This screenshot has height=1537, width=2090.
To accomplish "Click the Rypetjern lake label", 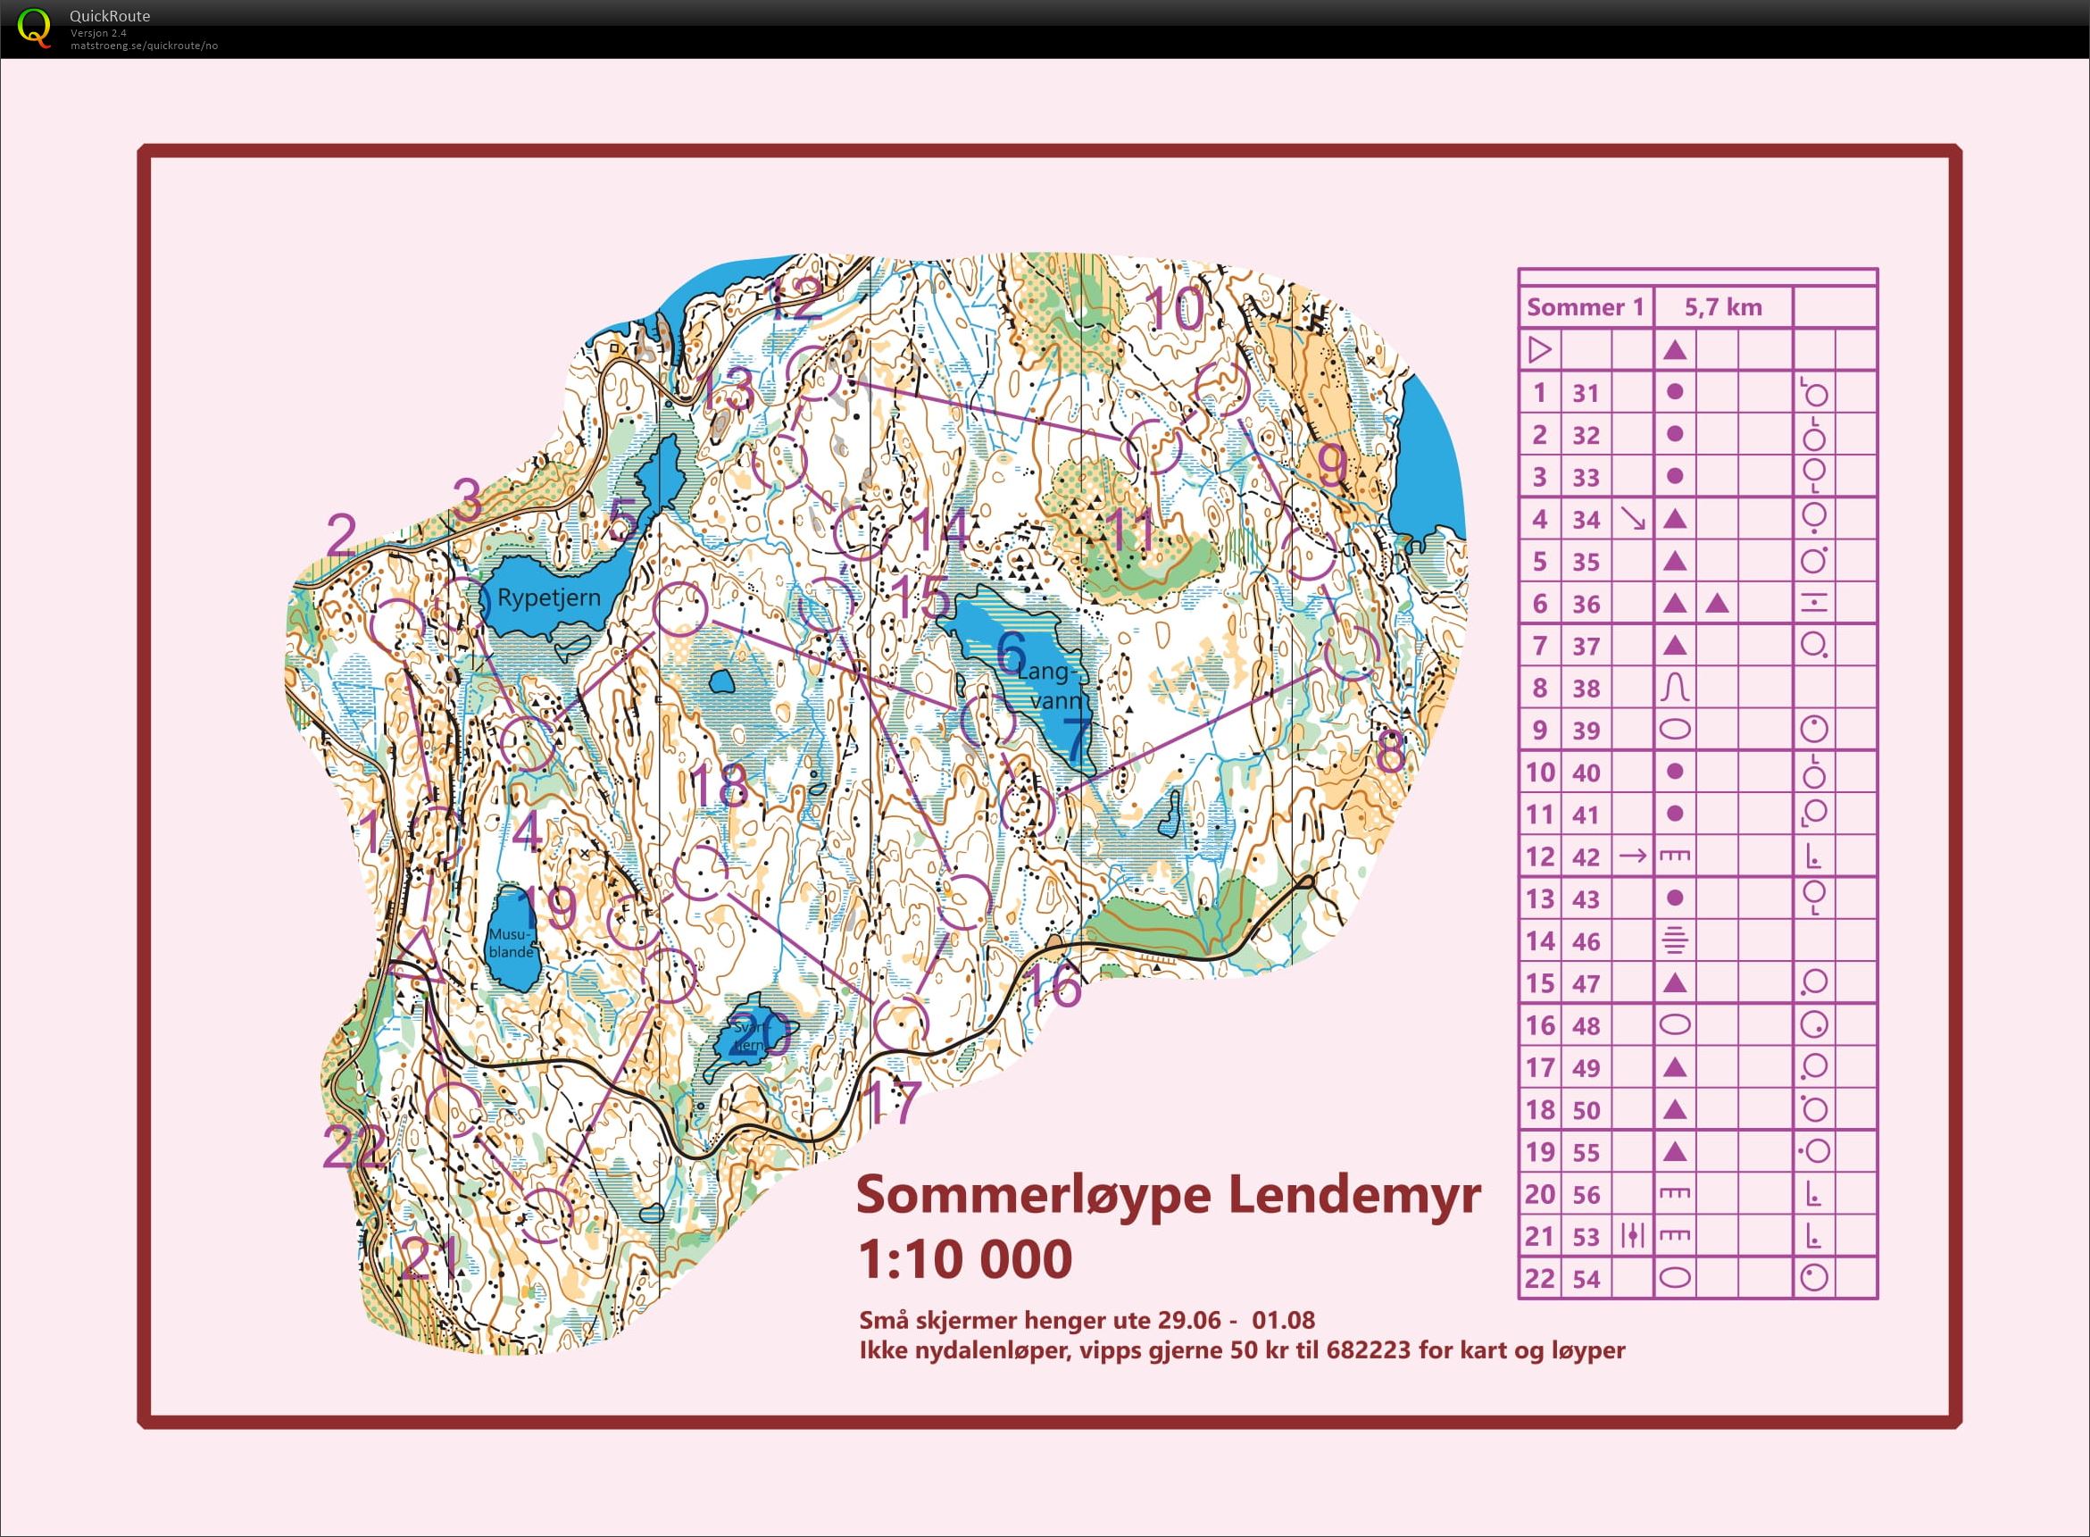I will [x=549, y=597].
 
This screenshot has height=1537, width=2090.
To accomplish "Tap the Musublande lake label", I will [x=511, y=941].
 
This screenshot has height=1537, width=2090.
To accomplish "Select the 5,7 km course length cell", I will [x=1722, y=307].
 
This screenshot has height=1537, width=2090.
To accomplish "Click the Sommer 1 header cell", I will [x=1585, y=307].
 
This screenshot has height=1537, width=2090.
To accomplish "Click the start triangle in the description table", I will [x=1539, y=350].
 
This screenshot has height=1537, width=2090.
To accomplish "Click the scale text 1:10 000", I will [x=964, y=1259].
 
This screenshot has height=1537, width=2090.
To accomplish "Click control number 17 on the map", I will [x=891, y=1101].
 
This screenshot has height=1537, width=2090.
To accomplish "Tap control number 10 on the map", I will [x=1175, y=309].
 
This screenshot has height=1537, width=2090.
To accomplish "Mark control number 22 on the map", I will [x=354, y=1146].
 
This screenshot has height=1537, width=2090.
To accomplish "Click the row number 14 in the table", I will [x=1539, y=941].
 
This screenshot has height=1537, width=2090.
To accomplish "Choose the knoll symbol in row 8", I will [x=1674, y=689].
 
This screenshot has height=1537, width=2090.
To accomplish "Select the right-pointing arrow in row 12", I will [x=1632, y=855].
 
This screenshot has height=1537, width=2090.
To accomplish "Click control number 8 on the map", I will [x=1391, y=752].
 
